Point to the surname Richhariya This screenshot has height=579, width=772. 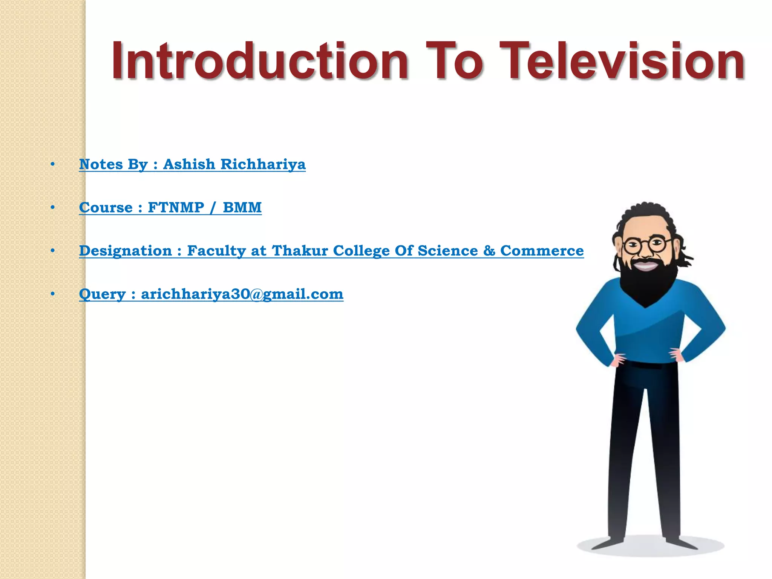[263, 164]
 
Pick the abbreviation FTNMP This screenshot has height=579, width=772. [176, 208]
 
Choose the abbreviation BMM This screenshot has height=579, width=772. [242, 208]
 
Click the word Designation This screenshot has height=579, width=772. [125, 251]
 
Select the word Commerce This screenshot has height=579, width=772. [542, 251]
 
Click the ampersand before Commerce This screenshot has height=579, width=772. [489, 251]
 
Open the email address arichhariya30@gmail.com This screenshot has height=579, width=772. [242, 294]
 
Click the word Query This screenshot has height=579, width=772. [102, 294]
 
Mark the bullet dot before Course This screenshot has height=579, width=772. [53, 207]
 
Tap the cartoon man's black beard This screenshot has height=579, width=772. [645, 283]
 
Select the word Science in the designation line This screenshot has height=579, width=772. [448, 251]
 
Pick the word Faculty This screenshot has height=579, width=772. [216, 251]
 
